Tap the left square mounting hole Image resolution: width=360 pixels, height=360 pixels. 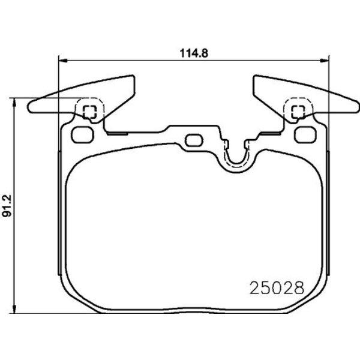coord(90,111)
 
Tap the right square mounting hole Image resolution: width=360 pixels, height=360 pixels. coord(297,111)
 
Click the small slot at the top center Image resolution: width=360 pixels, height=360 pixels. coord(193,140)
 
